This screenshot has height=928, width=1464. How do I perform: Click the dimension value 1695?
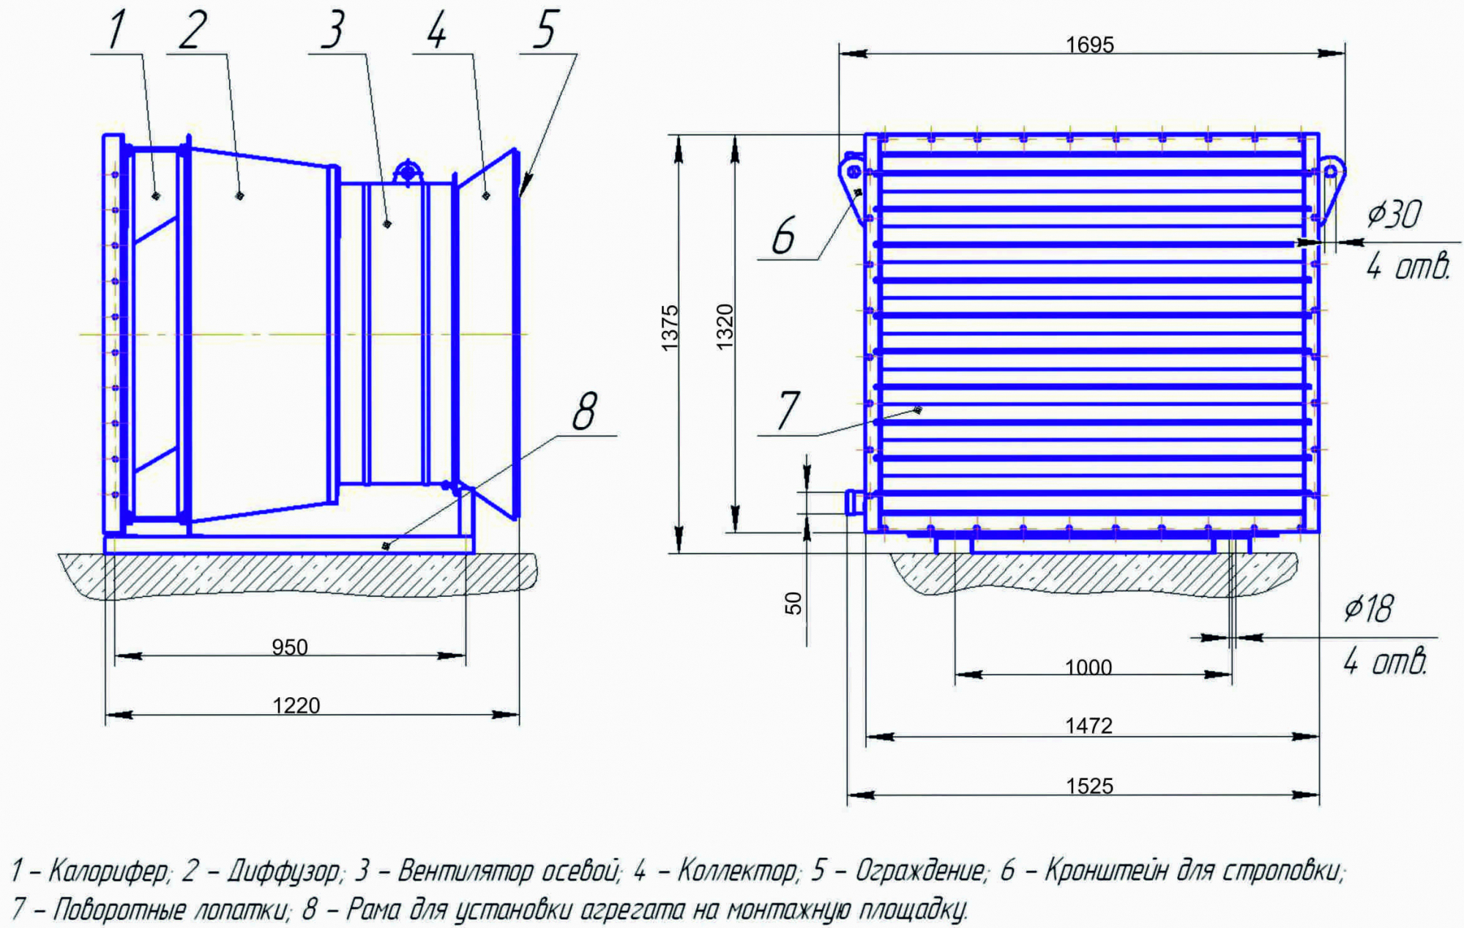1089,45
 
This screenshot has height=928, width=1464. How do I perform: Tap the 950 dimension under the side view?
290,647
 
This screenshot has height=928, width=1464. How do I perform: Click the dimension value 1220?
296,705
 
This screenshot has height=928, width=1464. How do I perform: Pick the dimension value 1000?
1088,667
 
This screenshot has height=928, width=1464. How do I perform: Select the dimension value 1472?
1088,726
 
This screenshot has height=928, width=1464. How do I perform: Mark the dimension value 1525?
1089,786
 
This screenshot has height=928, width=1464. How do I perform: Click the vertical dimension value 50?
793,603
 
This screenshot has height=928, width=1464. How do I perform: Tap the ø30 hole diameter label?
1394,215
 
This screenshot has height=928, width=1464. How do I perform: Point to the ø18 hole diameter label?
1368,609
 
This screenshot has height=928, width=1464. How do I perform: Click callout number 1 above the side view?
117,30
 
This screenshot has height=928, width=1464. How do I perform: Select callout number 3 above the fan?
333,31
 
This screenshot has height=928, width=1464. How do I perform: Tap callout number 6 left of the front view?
783,236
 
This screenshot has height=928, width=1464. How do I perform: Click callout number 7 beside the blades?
788,411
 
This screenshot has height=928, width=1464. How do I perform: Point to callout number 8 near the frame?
584,412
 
